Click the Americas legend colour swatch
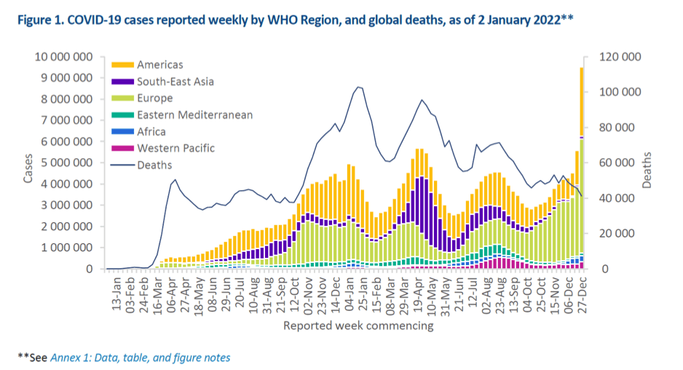click(x=121, y=65)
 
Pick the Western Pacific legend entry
click(x=176, y=149)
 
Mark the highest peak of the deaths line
click(x=358, y=87)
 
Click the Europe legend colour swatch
click(x=121, y=98)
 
